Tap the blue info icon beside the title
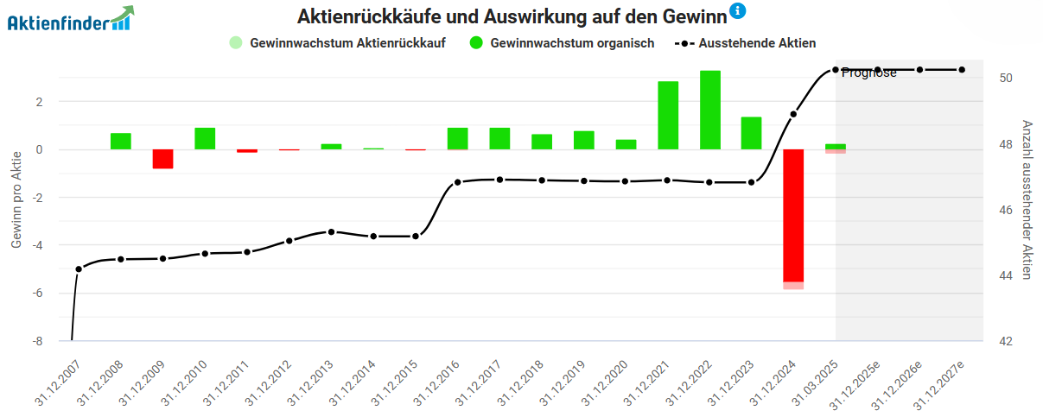(x=737, y=11)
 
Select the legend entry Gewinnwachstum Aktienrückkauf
(x=337, y=42)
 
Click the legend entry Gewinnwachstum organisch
(x=562, y=42)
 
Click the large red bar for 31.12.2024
(x=793, y=216)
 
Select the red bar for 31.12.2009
(x=163, y=159)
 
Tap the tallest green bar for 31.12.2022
(x=710, y=110)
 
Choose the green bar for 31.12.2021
(x=668, y=115)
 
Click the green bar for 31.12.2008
(x=121, y=141)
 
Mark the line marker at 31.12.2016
(x=458, y=182)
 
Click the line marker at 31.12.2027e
(x=962, y=70)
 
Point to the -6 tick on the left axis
(x=38, y=294)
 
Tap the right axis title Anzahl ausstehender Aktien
(x=1027, y=199)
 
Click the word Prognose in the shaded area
(x=869, y=73)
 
